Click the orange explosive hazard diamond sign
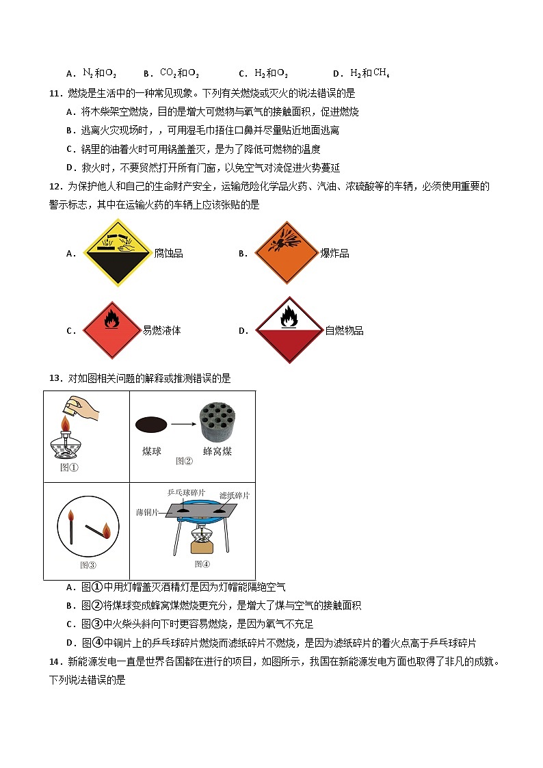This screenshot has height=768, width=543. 287,252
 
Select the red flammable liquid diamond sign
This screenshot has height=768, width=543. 111,330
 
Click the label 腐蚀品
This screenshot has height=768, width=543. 168,254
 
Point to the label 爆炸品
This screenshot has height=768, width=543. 335,254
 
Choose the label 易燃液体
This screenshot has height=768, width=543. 161,331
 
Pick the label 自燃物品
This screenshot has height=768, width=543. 344,331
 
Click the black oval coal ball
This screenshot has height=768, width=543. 151,425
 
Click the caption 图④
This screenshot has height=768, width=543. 202,564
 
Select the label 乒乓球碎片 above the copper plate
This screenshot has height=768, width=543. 186,492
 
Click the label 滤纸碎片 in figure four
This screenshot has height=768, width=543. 235,495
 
